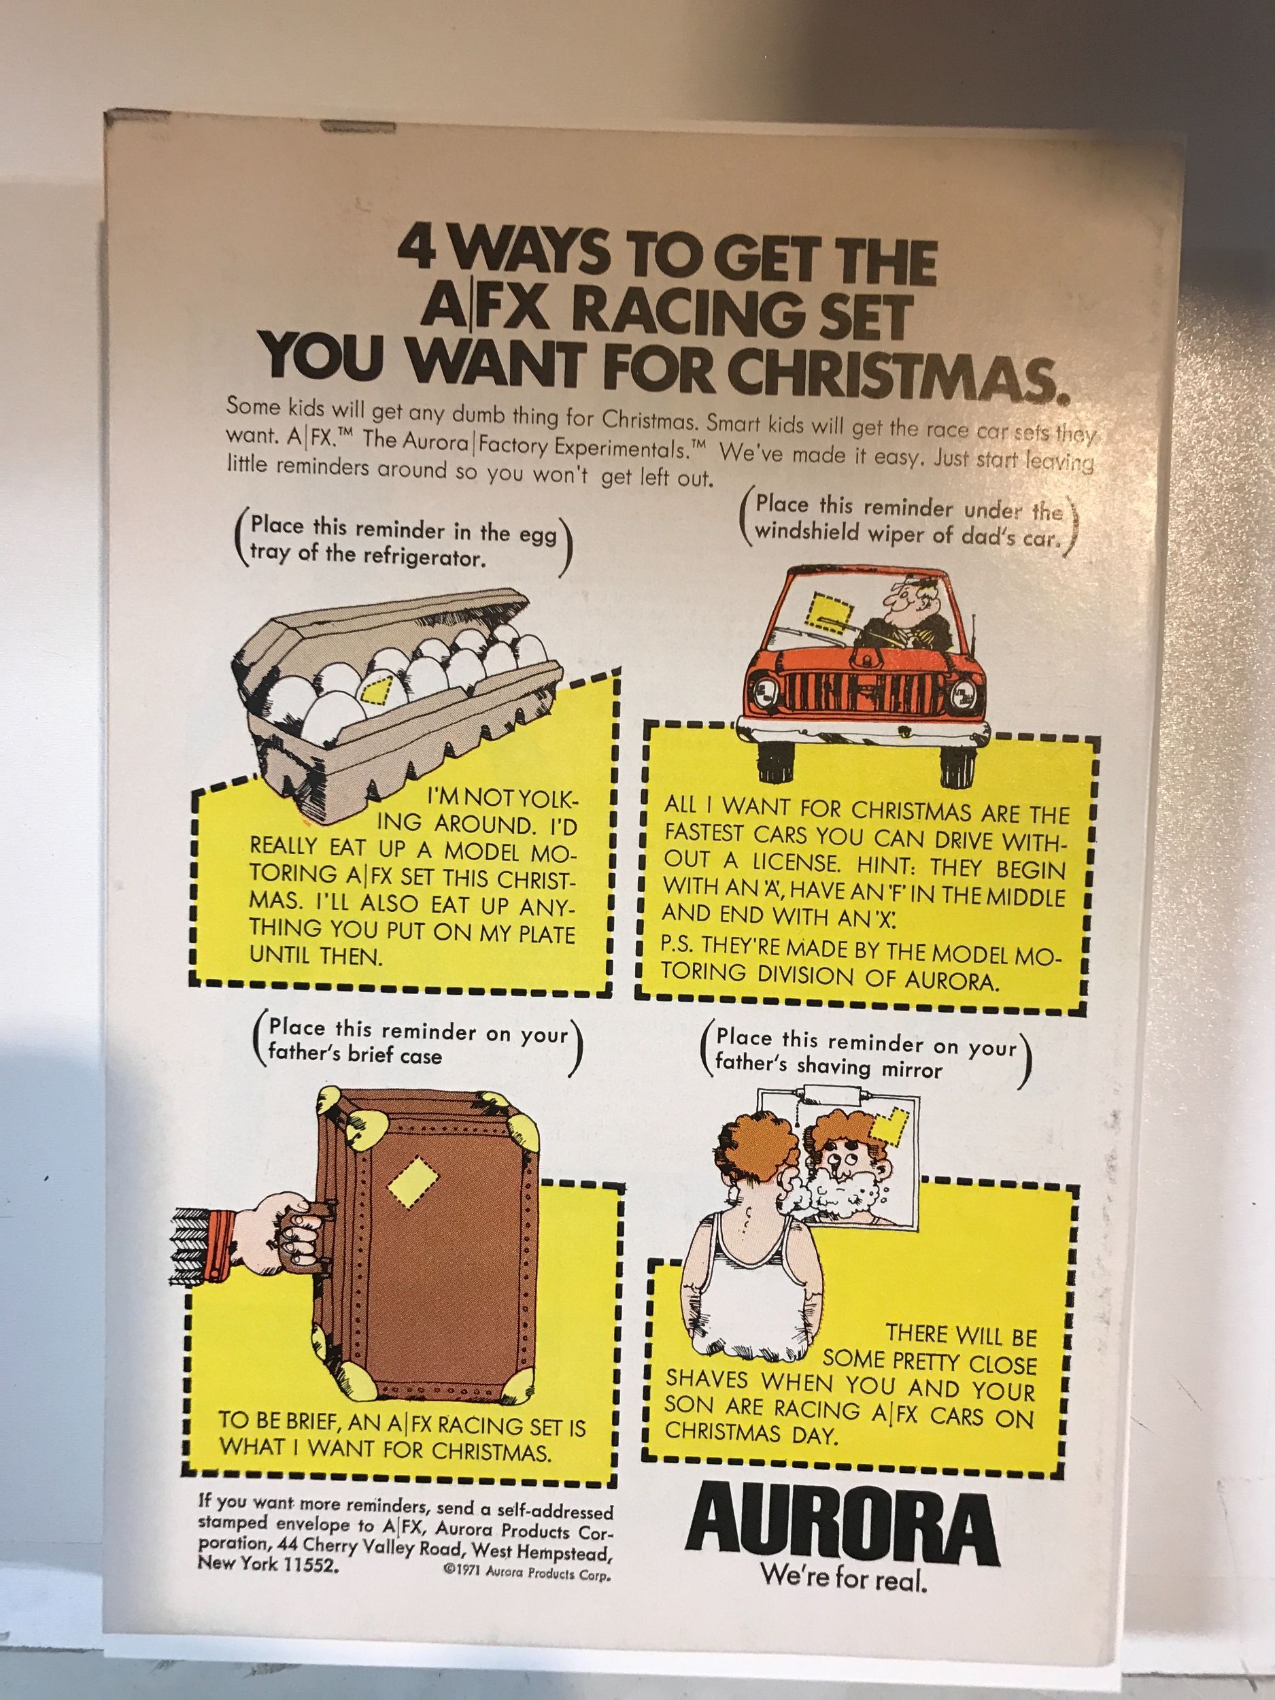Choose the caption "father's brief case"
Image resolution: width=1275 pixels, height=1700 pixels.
pos(355,1056)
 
